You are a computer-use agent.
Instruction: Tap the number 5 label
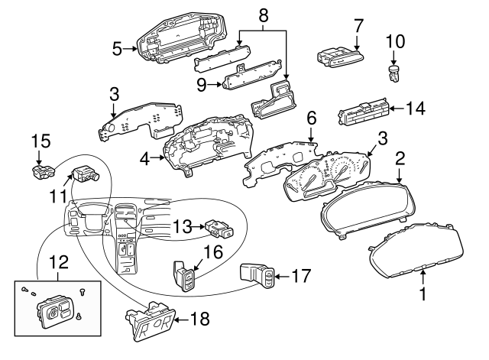tap(117, 48)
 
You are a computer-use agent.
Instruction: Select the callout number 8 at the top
tap(264, 15)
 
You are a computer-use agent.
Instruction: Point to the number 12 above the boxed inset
tap(57, 262)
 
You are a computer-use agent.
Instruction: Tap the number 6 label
tap(311, 118)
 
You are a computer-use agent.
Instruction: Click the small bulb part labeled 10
tap(394, 74)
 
